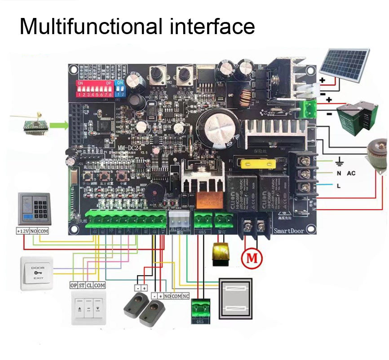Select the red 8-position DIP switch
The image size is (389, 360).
[x=95, y=89]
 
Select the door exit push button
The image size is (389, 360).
[x=37, y=273]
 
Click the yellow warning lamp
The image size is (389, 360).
[x=220, y=254]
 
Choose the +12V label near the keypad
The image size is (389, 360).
[x=22, y=231]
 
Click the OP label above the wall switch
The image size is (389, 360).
[x=74, y=285]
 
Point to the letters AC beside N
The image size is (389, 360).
[x=350, y=173]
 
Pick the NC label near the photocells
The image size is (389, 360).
[x=185, y=296]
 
